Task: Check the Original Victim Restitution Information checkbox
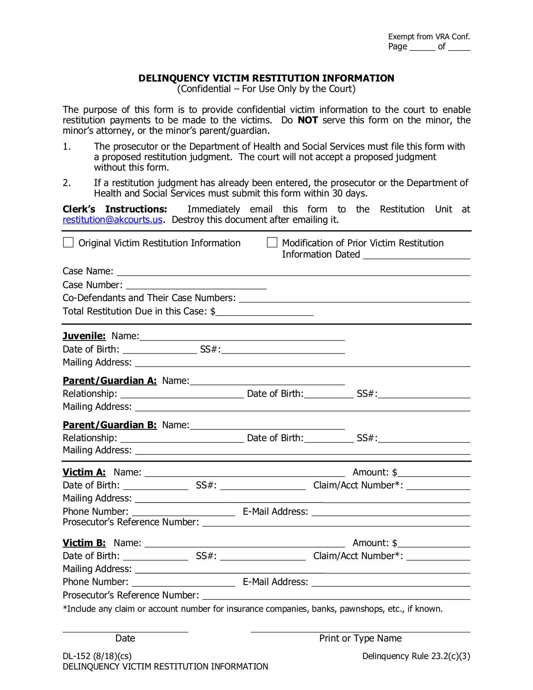pyautogui.click(x=68, y=243)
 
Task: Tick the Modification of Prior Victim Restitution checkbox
pyautogui.click(x=272, y=243)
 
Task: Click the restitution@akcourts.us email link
pyautogui.click(x=112, y=220)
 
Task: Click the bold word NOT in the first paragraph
pyautogui.click(x=308, y=120)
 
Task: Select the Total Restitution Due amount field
pyautogui.click(x=265, y=312)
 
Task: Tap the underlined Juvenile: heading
pyautogui.click(x=84, y=336)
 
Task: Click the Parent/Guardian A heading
pyautogui.click(x=110, y=381)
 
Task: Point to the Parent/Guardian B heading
pyautogui.click(x=110, y=425)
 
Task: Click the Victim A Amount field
pyautogui.click(x=434, y=473)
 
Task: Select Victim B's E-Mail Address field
pyautogui.click(x=391, y=582)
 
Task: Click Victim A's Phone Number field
pyautogui.click(x=183, y=512)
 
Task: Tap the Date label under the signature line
pyautogui.click(x=125, y=638)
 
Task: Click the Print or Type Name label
pyautogui.click(x=360, y=638)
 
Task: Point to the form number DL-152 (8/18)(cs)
pyautogui.click(x=97, y=656)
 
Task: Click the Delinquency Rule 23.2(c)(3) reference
pyautogui.click(x=416, y=656)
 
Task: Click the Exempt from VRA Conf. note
pyautogui.click(x=429, y=37)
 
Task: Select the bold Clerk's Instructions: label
pyautogui.click(x=115, y=209)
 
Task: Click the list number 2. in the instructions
pyautogui.click(x=67, y=183)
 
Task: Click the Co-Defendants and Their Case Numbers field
pyautogui.click(x=354, y=298)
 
